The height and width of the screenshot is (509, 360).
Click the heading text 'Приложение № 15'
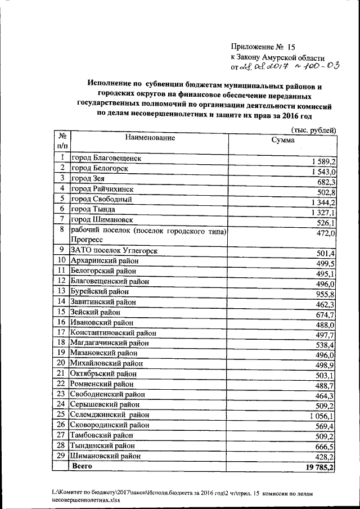263,47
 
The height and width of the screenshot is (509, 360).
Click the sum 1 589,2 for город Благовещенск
323,161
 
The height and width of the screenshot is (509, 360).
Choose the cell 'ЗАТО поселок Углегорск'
113,250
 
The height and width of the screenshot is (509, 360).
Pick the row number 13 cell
62,291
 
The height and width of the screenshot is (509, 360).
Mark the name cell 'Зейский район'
95,312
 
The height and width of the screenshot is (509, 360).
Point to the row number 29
62,456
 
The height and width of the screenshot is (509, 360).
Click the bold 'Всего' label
82,466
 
